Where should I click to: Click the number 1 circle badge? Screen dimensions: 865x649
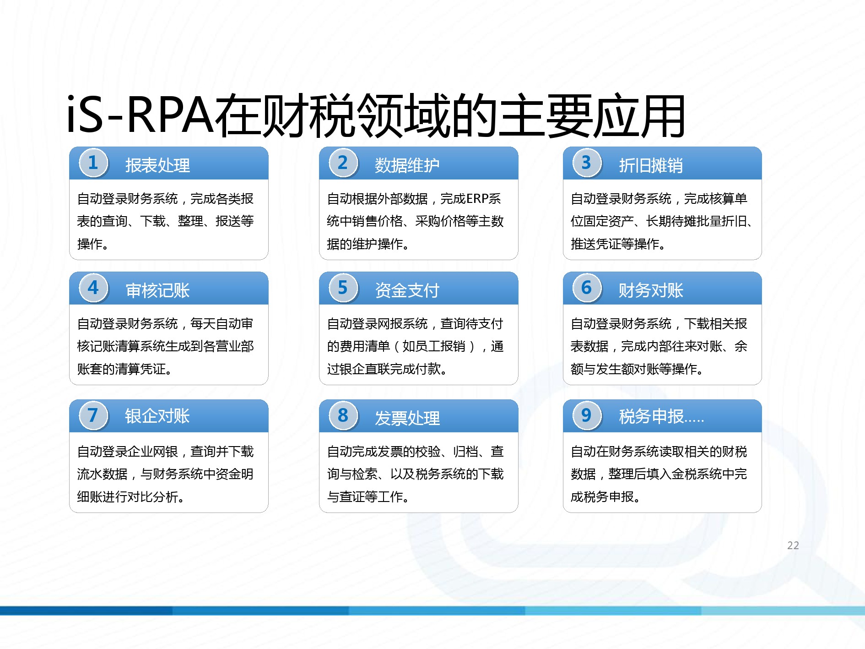tap(93, 163)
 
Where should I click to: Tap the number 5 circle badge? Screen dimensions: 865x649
tap(343, 288)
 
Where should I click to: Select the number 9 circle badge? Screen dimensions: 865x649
tap(587, 416)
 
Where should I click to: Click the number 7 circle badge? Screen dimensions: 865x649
tap(93, 416)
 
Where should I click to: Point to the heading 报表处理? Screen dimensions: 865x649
tap(157, 165)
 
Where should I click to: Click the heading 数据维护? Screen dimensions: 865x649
tap(407, 165)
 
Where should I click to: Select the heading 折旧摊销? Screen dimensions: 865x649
tap(650, 165)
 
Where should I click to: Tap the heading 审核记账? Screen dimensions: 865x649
tap(157, 290)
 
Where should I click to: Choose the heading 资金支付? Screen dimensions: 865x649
tap(407, 290)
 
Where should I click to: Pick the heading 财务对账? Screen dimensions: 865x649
tap(650, 290)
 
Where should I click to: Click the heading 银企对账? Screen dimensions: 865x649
tap(157, 416)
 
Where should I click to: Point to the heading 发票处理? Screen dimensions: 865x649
tap(407, 418)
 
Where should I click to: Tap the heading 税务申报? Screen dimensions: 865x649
tap(651, 416)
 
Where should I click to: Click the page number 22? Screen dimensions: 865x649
tap(793, 545)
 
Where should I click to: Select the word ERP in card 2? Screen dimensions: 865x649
tap(477, 199)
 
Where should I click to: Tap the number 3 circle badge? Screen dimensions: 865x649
tap(587, 163)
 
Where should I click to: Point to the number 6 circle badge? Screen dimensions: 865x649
tap(587, 288)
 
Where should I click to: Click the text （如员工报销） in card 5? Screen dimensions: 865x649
tap(434, 346)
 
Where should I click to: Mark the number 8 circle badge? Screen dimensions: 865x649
tap(343, 416)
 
